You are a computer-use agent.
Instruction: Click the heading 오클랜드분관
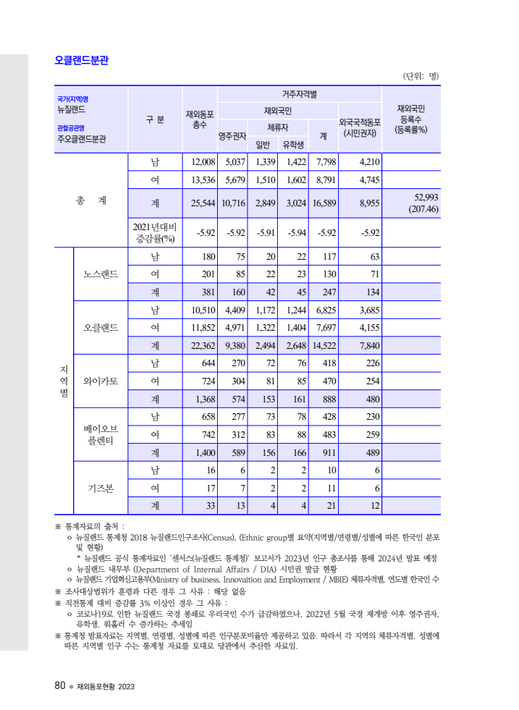point(82,61)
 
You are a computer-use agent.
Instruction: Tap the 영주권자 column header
point(232,135)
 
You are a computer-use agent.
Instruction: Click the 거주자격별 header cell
point(298,94)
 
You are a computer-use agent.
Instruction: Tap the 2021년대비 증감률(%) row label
point(154,232)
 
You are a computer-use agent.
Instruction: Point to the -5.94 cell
point(296,232)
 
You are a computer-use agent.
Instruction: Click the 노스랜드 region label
point(101,274)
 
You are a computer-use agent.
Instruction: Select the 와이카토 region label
point(101,381)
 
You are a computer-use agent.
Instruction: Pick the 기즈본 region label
point(101,487)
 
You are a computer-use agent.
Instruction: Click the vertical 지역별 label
point(64,381)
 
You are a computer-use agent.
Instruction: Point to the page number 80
point(60,685)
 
